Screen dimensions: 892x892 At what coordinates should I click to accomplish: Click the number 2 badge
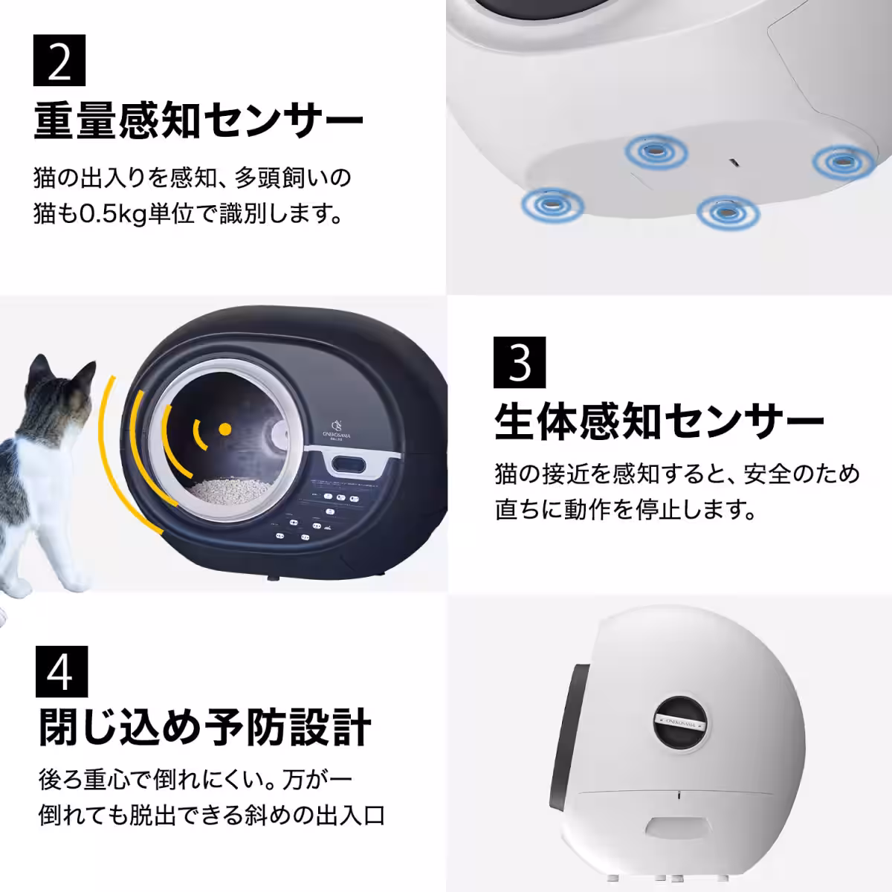click(x=59, y=61)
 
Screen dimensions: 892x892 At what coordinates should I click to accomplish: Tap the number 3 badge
click(x=520, y=362)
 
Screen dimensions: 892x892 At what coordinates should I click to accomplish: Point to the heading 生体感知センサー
click(x=659, y=421)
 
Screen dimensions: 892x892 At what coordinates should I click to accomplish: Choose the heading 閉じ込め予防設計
click(x=204, y=726)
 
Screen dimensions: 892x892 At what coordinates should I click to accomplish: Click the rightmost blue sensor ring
click(x=840, y=161)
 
